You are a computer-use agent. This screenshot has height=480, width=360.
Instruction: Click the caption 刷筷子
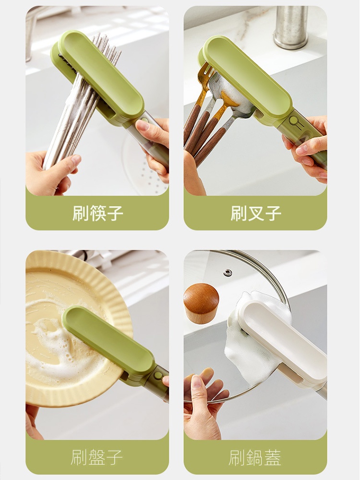[97, 213]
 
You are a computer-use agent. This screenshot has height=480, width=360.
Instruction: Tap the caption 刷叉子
[256, 213]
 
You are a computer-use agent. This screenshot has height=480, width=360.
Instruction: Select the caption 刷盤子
[97, 457]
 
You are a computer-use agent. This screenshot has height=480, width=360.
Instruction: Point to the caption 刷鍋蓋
[255, 457]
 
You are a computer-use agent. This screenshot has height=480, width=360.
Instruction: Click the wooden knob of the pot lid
[201, 303]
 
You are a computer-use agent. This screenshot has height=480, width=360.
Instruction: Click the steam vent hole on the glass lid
[227, 272]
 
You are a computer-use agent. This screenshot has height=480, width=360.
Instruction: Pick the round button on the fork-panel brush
[294, 120]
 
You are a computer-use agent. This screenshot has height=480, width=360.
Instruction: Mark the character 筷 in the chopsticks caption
[97, 213]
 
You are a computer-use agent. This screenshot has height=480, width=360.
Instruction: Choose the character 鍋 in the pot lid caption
[255, 457]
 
